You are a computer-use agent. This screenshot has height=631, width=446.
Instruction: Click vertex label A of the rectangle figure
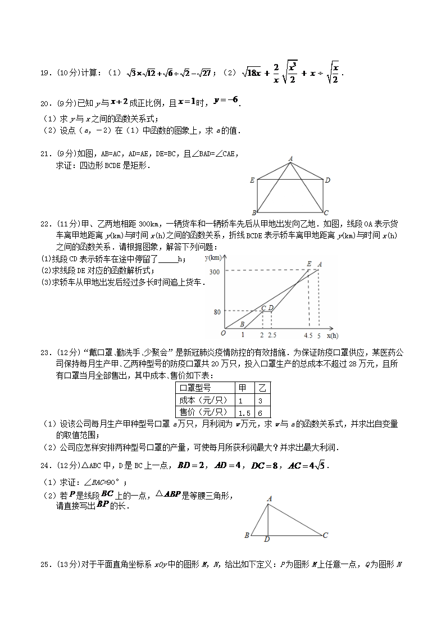[x=290, y=159]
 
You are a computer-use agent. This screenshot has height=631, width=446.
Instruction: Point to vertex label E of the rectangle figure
[x=253, y=180]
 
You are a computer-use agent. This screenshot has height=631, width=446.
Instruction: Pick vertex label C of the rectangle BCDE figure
[x=326, y=212]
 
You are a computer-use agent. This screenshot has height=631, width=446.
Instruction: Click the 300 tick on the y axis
[x=215, y=272]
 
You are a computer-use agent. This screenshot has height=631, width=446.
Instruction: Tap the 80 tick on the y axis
[x=217, y=311]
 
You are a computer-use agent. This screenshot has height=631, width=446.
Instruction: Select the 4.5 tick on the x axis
[x=308, y=335]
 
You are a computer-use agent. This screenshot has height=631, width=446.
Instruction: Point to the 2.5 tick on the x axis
[x=272, y=335]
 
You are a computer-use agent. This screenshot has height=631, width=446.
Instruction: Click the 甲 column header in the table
[x=243, y=388]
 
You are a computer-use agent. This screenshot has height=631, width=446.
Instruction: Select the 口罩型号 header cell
[x=195, y=388]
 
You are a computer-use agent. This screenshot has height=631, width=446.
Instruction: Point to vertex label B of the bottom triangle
[x=247, y=535]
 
